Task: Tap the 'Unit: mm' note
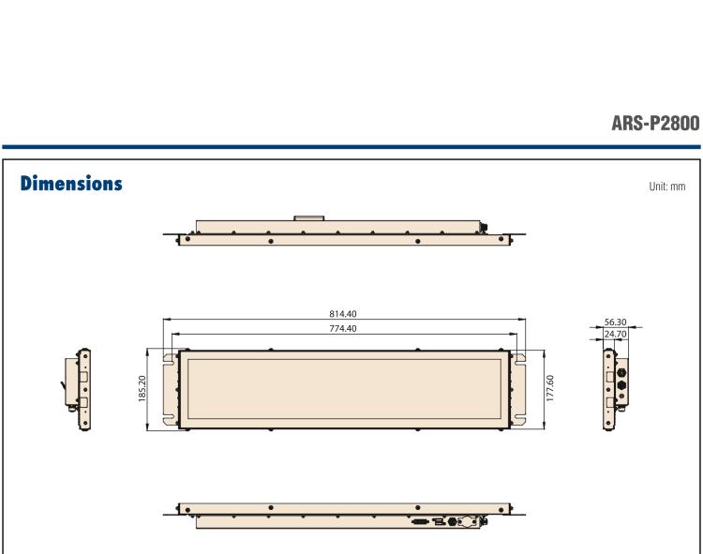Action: point(666,186)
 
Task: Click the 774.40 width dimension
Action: point(344,328)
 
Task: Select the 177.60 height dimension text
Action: point(550,390)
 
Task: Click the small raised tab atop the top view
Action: point(308,219)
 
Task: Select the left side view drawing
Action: point(80,389)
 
